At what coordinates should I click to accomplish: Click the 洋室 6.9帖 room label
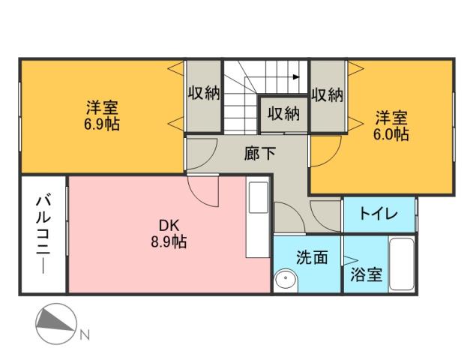[100, 115]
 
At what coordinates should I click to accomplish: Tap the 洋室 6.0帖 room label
[391, 125]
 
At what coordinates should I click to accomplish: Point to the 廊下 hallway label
[260, 154]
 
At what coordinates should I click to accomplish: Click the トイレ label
[379, 214]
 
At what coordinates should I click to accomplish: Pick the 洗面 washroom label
[311, 257]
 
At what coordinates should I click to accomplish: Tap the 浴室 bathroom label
[367, 274]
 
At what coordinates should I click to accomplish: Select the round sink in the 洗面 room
[286, 280]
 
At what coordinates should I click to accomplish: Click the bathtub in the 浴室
[403, 264]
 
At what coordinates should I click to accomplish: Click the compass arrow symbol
[56, 322]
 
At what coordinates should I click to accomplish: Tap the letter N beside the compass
[85, 334]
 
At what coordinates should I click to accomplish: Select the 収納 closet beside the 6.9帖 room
[203, 94]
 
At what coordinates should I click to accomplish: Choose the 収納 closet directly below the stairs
[283, 114]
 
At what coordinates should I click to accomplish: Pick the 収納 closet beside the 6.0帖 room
[327, 94]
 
